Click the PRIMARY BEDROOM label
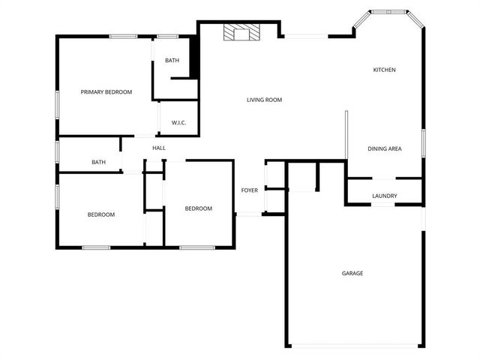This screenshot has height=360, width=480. tap(106, 92)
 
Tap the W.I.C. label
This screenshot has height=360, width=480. tap(178, 123)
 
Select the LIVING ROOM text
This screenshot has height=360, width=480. tap(264, 100)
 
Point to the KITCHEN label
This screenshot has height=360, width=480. tap(385, 70)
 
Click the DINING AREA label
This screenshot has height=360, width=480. tap(385, 148)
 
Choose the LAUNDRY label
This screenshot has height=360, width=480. tap(385, 196)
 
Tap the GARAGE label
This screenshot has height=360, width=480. tap(352, 273)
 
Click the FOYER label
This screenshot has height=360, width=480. tap(250, 190)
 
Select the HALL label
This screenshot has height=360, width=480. tap(159, 148)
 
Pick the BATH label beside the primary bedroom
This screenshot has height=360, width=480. tap(172, 61)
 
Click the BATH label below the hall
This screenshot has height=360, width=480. tap(98, 162)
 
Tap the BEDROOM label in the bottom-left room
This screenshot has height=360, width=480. tap(100, 215)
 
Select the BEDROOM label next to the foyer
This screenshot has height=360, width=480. tap(199, 208)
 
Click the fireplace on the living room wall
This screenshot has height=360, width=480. tap(241, 33)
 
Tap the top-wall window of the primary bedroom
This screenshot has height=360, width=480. tap(123, 36)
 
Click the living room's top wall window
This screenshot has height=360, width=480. tap(304, 36)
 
